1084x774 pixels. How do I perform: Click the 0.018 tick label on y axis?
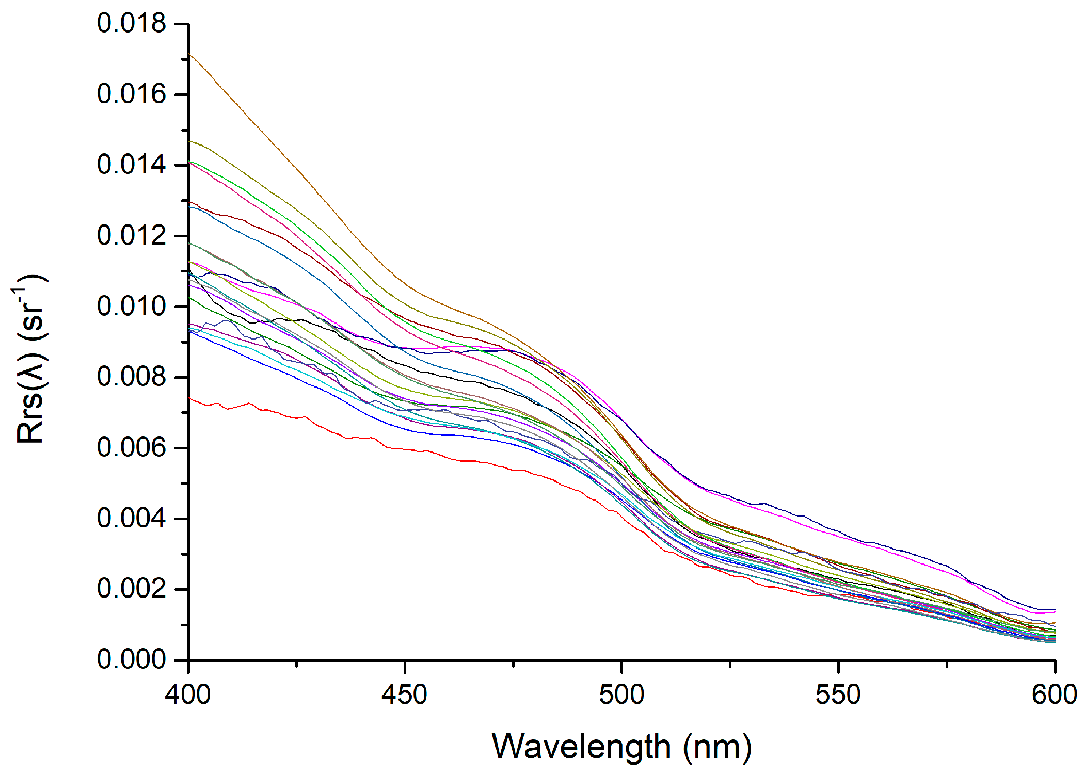point(131,24)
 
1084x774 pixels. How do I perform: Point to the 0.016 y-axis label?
point(131,94)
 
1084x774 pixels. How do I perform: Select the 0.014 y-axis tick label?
point(131,165)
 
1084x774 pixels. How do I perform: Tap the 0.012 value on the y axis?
point(131,236)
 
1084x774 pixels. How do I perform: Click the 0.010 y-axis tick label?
point(131,307)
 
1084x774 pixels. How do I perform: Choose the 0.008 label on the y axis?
point(131,377)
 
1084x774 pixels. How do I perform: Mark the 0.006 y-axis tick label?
point(131,447)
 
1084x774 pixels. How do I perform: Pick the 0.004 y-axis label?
point(131,518)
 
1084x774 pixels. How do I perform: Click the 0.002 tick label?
point(131,589)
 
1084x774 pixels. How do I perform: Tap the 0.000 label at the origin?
point(131,659)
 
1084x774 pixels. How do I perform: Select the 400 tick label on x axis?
point(188,695)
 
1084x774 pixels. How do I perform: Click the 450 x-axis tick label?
point(405,695)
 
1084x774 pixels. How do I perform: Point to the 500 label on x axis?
point(621,695)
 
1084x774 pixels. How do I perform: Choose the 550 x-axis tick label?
point(838,695)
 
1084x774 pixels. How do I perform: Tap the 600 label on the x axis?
point(1054,695)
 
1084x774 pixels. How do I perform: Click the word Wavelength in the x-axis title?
point(581,747)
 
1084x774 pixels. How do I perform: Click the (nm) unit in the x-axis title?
point(718,747)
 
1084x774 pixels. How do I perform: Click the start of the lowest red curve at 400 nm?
point(190,398)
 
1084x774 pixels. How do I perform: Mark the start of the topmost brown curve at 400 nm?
point(190,54)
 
